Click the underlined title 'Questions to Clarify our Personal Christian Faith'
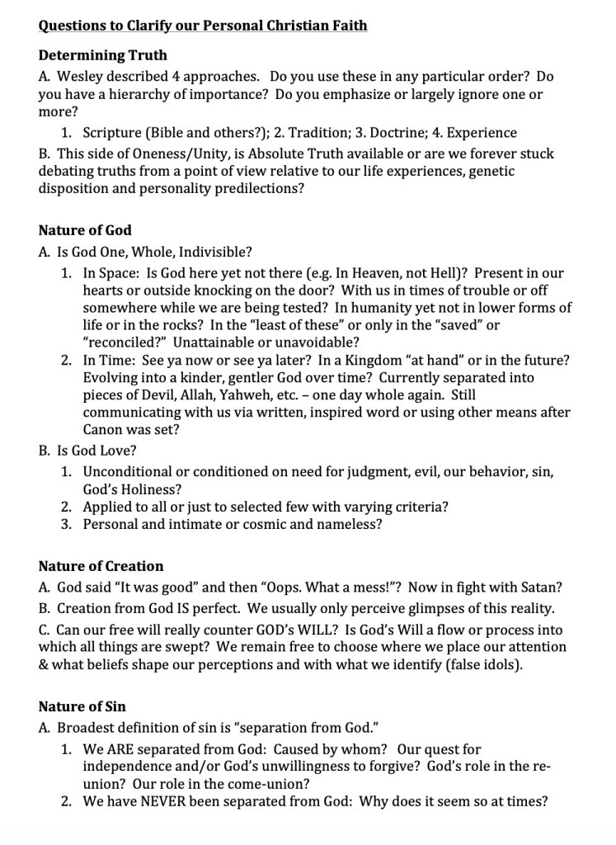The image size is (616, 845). (x=203, y=26)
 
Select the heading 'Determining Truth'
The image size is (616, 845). (x=102, y=55)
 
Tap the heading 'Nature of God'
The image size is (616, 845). (x=85, y=230)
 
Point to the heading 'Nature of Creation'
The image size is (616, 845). (x=101, y=566)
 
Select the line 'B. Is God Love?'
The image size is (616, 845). (x=87, y=451)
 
